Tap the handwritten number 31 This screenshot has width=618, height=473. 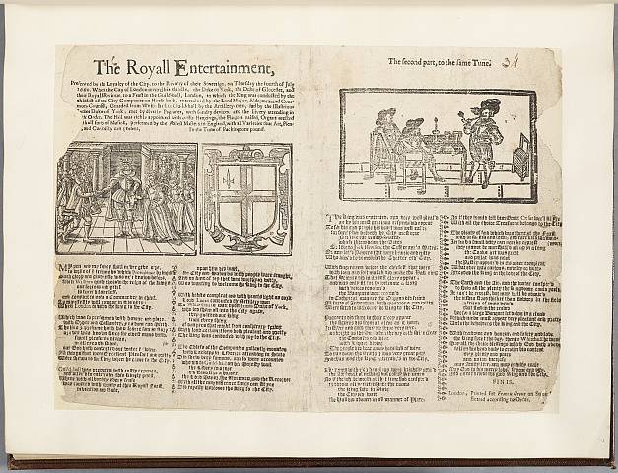510,61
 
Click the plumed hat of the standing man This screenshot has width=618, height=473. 489,104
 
